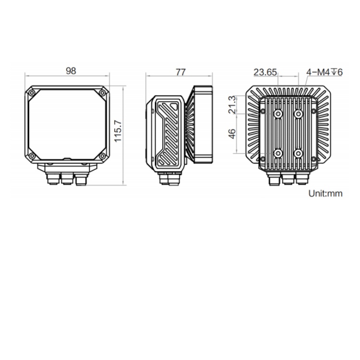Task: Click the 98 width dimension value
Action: click(71, 71)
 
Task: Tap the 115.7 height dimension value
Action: click(118, 131)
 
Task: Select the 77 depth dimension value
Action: click(180, 72)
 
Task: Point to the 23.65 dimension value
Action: click(265, 72)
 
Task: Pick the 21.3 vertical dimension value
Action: click(232, 105)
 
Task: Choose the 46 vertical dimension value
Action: click(232, 134)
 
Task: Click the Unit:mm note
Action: click(325, 193)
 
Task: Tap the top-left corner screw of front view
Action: click(32, 93)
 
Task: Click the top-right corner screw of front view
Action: click(102, 93)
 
